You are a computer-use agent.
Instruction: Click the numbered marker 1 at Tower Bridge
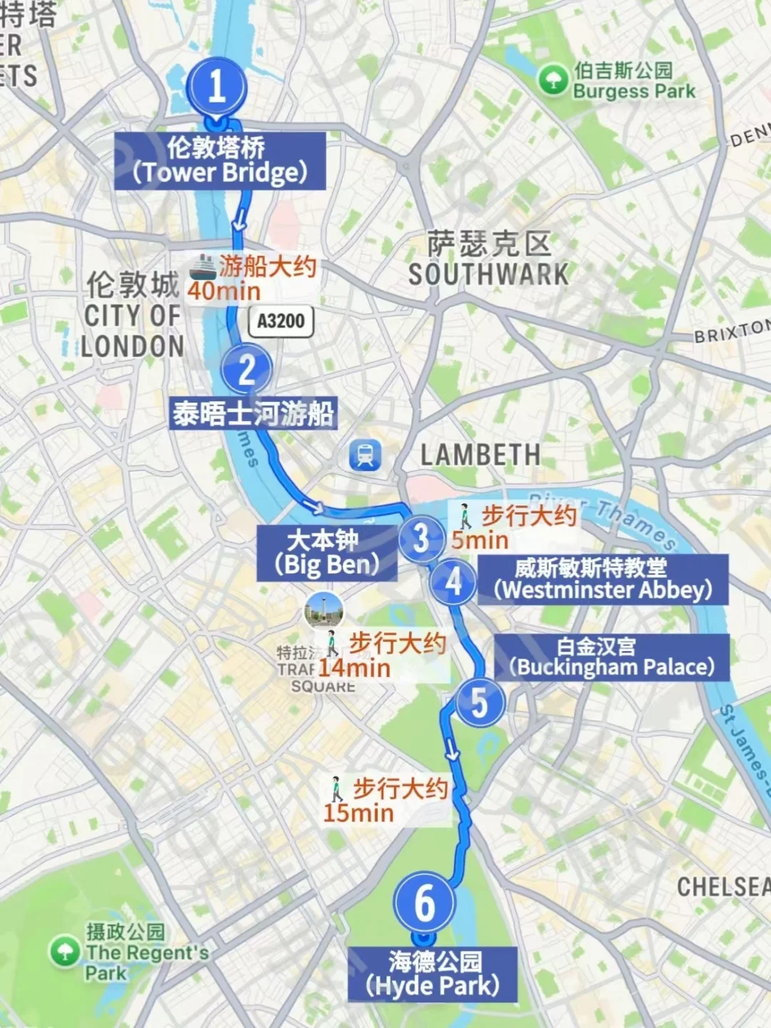[217, 86]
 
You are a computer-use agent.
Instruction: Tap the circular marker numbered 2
[246, 369]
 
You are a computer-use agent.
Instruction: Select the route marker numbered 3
[421, 538]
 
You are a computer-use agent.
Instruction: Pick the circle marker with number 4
[453, 582]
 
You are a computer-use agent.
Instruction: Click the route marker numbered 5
[480, 702]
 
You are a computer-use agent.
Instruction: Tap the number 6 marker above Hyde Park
[424, 902]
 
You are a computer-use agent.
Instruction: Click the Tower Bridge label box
[220, 161]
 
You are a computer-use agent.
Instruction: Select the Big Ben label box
[327, 553]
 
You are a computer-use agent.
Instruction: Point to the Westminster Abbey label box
[603, 579]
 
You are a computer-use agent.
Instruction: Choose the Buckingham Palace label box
[612, 657]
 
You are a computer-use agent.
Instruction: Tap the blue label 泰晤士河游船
[253, 413]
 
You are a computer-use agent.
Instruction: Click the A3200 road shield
[281, 321]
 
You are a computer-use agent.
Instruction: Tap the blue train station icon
[366, 454]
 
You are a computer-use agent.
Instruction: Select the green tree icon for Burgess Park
[553, 80]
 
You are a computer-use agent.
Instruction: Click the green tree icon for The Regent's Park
[65, 951]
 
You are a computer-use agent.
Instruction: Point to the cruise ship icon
[202, 267]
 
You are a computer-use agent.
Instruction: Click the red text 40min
[224, 291]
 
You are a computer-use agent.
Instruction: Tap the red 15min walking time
[358, 812]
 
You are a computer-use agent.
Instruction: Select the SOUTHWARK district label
[488, 274]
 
